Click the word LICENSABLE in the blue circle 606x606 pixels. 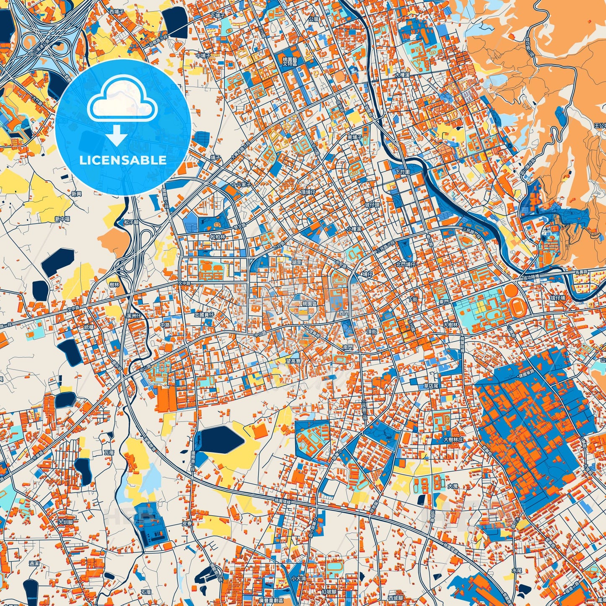click(123, 160)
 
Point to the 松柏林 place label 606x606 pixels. click(218, 237)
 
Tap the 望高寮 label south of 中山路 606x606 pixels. click(294, 361)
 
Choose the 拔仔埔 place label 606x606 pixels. click(558, 298)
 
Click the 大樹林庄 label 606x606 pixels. click(453, 440)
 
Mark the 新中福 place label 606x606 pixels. click(62, 219)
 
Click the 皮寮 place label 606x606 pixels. click(187, 523)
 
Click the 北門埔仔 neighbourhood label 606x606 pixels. click(406, 265)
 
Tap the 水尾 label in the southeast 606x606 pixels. click(505, 571)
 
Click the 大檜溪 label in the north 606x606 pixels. click(402, 75)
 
